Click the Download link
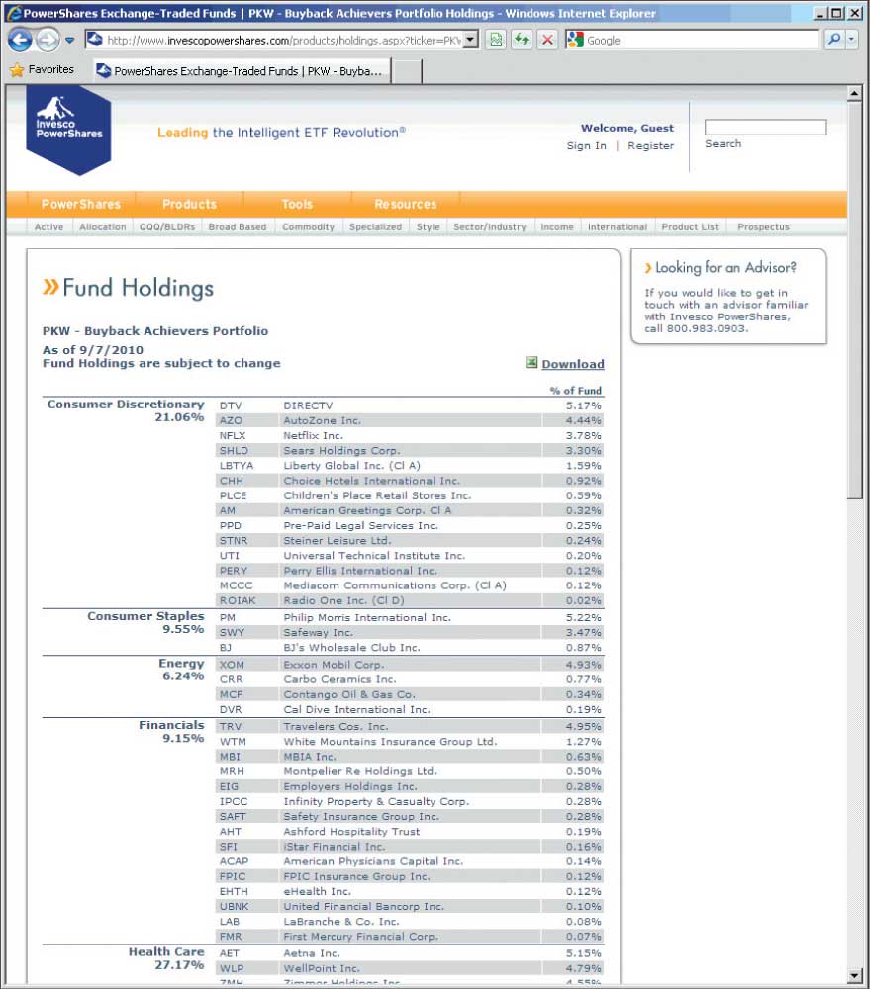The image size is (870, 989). tap(572, 364)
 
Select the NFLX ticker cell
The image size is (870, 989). tap(233, 435)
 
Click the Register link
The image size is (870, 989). tap(650, 145)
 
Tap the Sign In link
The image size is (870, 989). tap(586, 145)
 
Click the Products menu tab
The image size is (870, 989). tap(189, 204)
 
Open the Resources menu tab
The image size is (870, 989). tap(405, 204)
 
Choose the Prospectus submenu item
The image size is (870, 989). tap(763, 226)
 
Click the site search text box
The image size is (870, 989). tap(764, 127)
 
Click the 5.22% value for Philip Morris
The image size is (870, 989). tap(583, 617)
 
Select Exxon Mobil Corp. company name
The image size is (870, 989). tap(334, 665)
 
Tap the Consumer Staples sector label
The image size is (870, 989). tap(145, 616)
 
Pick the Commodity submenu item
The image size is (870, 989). tap(308, 226)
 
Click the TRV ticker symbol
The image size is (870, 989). tap(231, 726)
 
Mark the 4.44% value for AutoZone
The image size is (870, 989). tap(583, 420)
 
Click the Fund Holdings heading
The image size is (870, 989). tap(138, 288)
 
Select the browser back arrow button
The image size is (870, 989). tap(20, 41)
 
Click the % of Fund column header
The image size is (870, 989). tap(575, 391)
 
